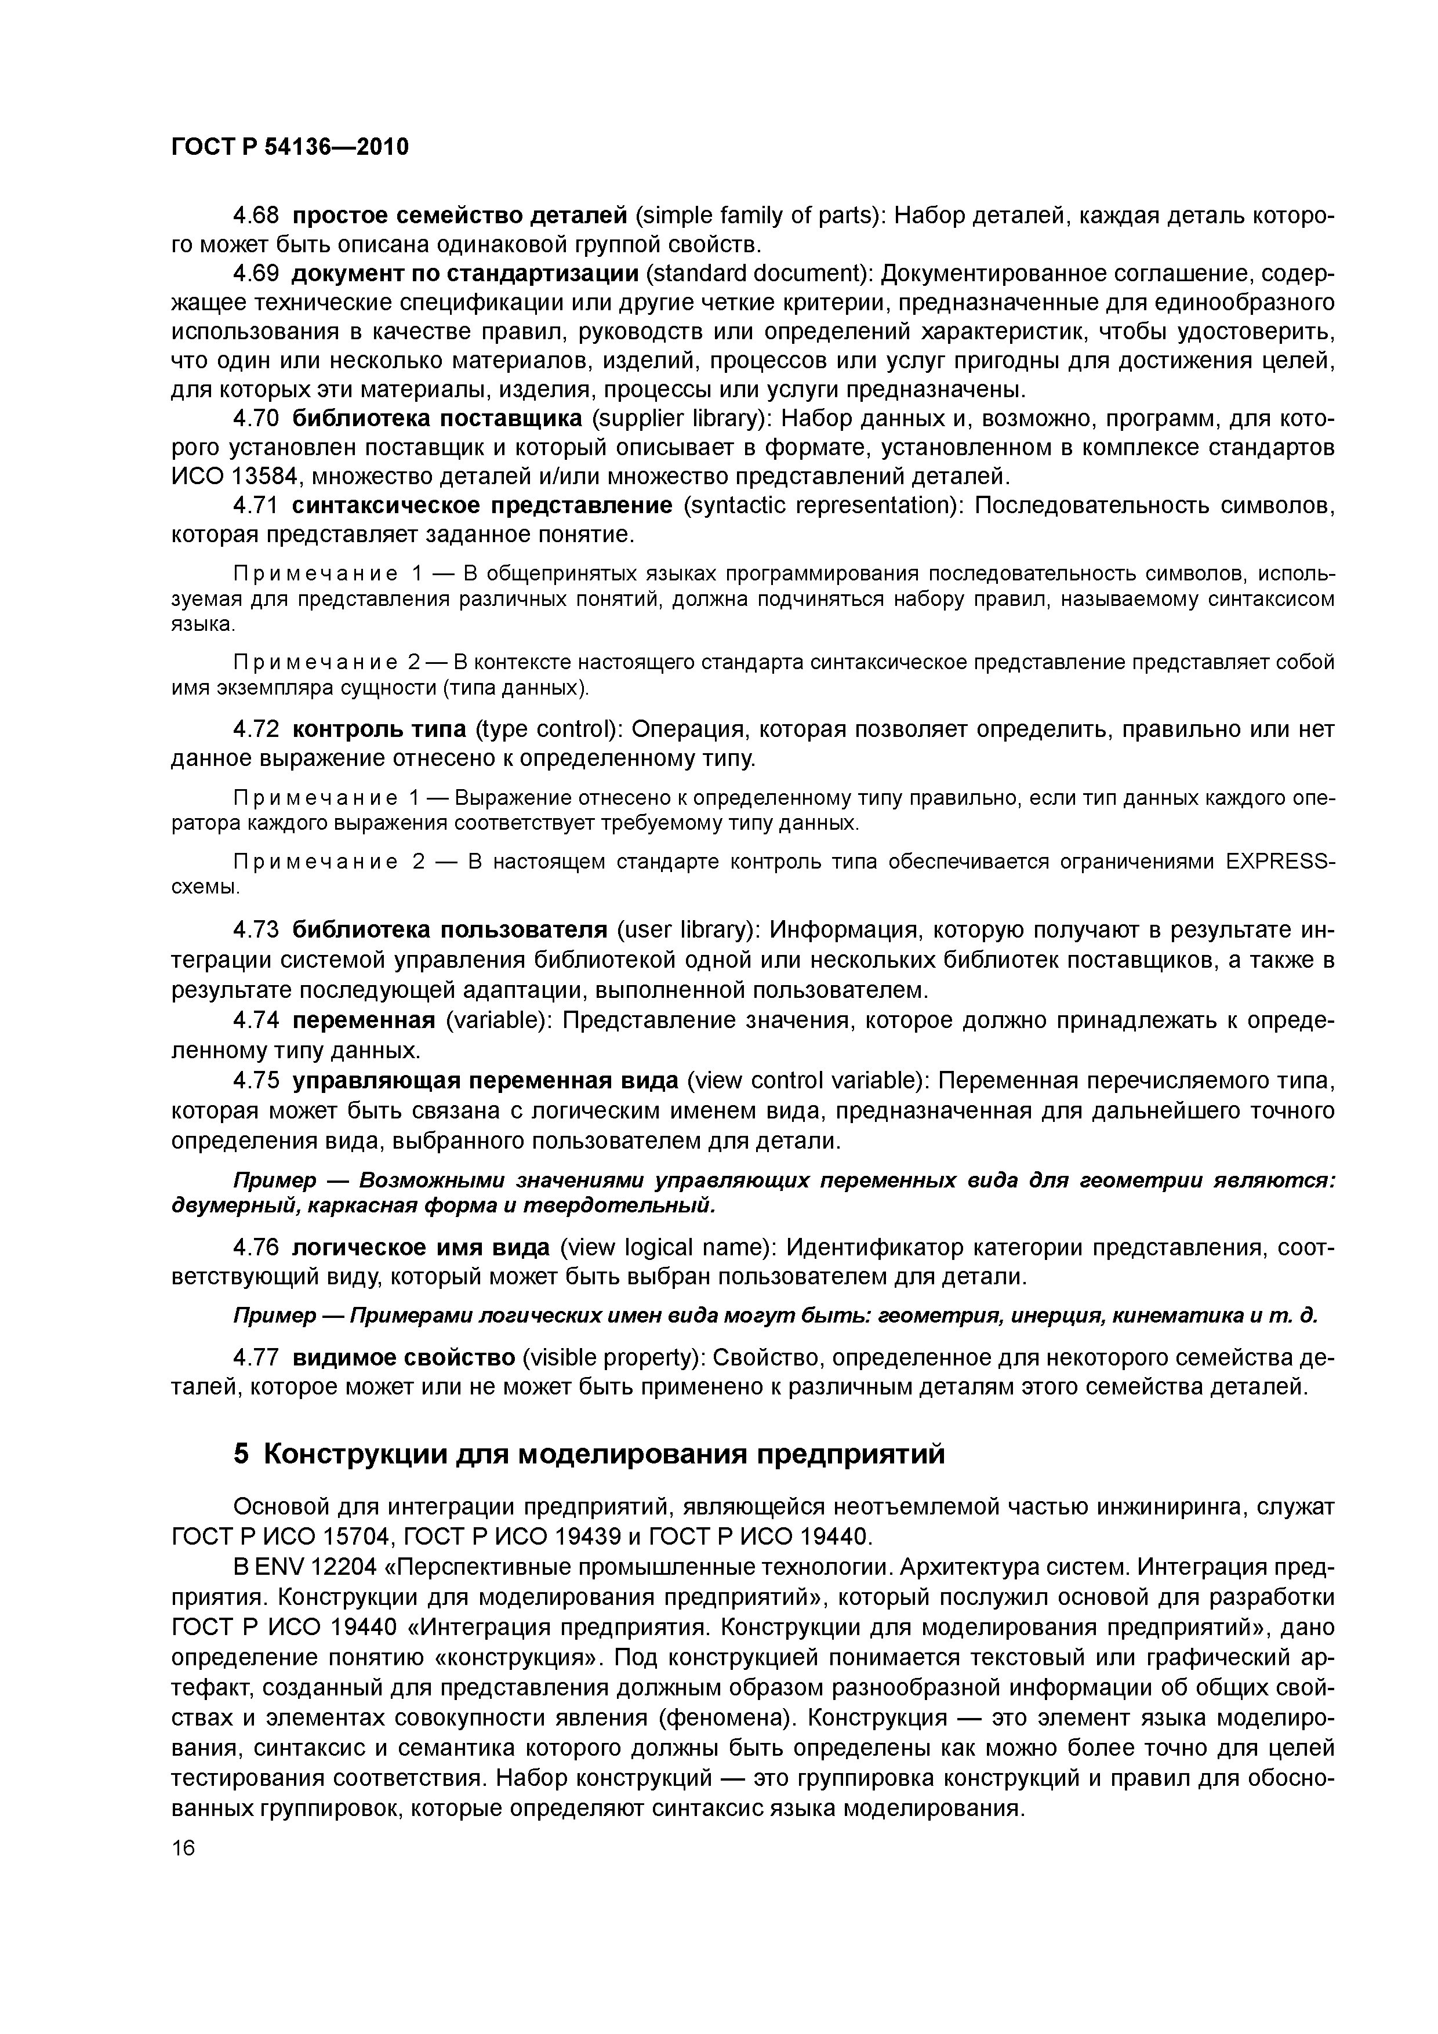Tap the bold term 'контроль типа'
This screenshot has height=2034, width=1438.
[x=379, y=729]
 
